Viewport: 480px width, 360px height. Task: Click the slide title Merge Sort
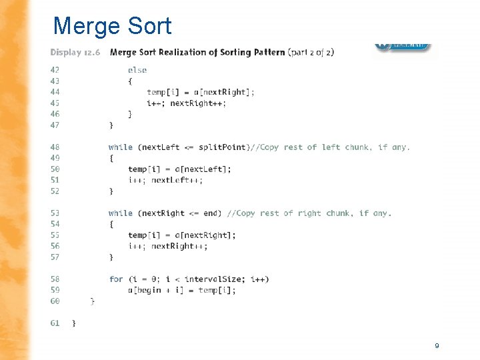click(x=112, y=26)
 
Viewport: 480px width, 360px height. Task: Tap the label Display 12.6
click(x=75, y=52)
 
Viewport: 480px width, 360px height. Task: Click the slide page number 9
click(x=437, y=345)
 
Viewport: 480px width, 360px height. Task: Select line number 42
click(x=55, y=69)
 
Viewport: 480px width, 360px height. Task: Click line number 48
click(x=55, y=147)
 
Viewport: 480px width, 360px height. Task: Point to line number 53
click(x=55, y=213)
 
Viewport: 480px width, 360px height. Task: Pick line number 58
click(x=55, y=279)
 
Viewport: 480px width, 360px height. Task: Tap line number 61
click(x=55, y=323)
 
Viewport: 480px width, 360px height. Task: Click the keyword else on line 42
click(x=137, y=69)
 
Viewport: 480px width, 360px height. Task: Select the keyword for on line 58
click(x=116, y=279)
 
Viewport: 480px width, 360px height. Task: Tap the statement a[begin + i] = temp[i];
click(x=182, y=290)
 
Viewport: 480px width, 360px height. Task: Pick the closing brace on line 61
click(x=74, y=323)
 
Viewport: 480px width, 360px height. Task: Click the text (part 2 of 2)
click(x=311, y=52)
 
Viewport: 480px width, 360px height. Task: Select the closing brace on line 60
click(x=93, y=301)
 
